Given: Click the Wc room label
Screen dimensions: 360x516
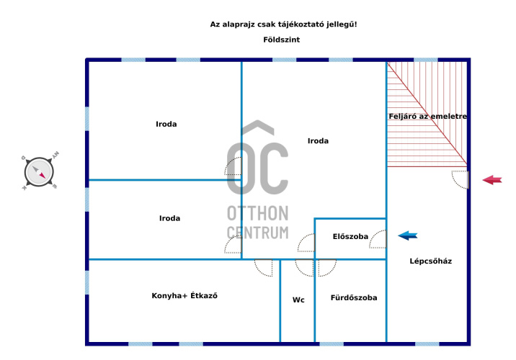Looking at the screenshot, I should coord(298,300).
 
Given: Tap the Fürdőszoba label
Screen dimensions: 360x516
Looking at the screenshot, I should coord(353,297).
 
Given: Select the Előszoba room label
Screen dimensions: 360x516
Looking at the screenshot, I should coord(350,236).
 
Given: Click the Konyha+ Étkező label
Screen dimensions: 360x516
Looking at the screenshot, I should coord(184,296).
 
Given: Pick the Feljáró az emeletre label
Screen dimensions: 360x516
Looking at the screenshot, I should coord(427,116).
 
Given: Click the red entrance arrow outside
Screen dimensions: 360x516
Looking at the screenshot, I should coord(492,180).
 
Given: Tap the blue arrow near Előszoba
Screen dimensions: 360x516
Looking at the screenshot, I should coord(408,235).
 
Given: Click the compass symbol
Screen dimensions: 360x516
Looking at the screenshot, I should coord(40,172).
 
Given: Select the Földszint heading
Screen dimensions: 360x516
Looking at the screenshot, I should coord(281,40).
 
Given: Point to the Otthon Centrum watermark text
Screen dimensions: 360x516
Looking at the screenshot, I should coord(257,222).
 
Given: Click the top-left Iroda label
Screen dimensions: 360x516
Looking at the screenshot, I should coord(166,124).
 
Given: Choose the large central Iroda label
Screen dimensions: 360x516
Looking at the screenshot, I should coord(317,141).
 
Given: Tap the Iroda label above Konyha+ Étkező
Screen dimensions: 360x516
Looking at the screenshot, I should coord(169,218).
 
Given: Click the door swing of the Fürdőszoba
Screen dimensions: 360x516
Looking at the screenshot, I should coord(326,267).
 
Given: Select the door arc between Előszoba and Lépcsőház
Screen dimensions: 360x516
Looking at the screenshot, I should coord(378,240).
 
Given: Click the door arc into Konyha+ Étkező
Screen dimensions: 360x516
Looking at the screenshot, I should coord(264,267).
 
